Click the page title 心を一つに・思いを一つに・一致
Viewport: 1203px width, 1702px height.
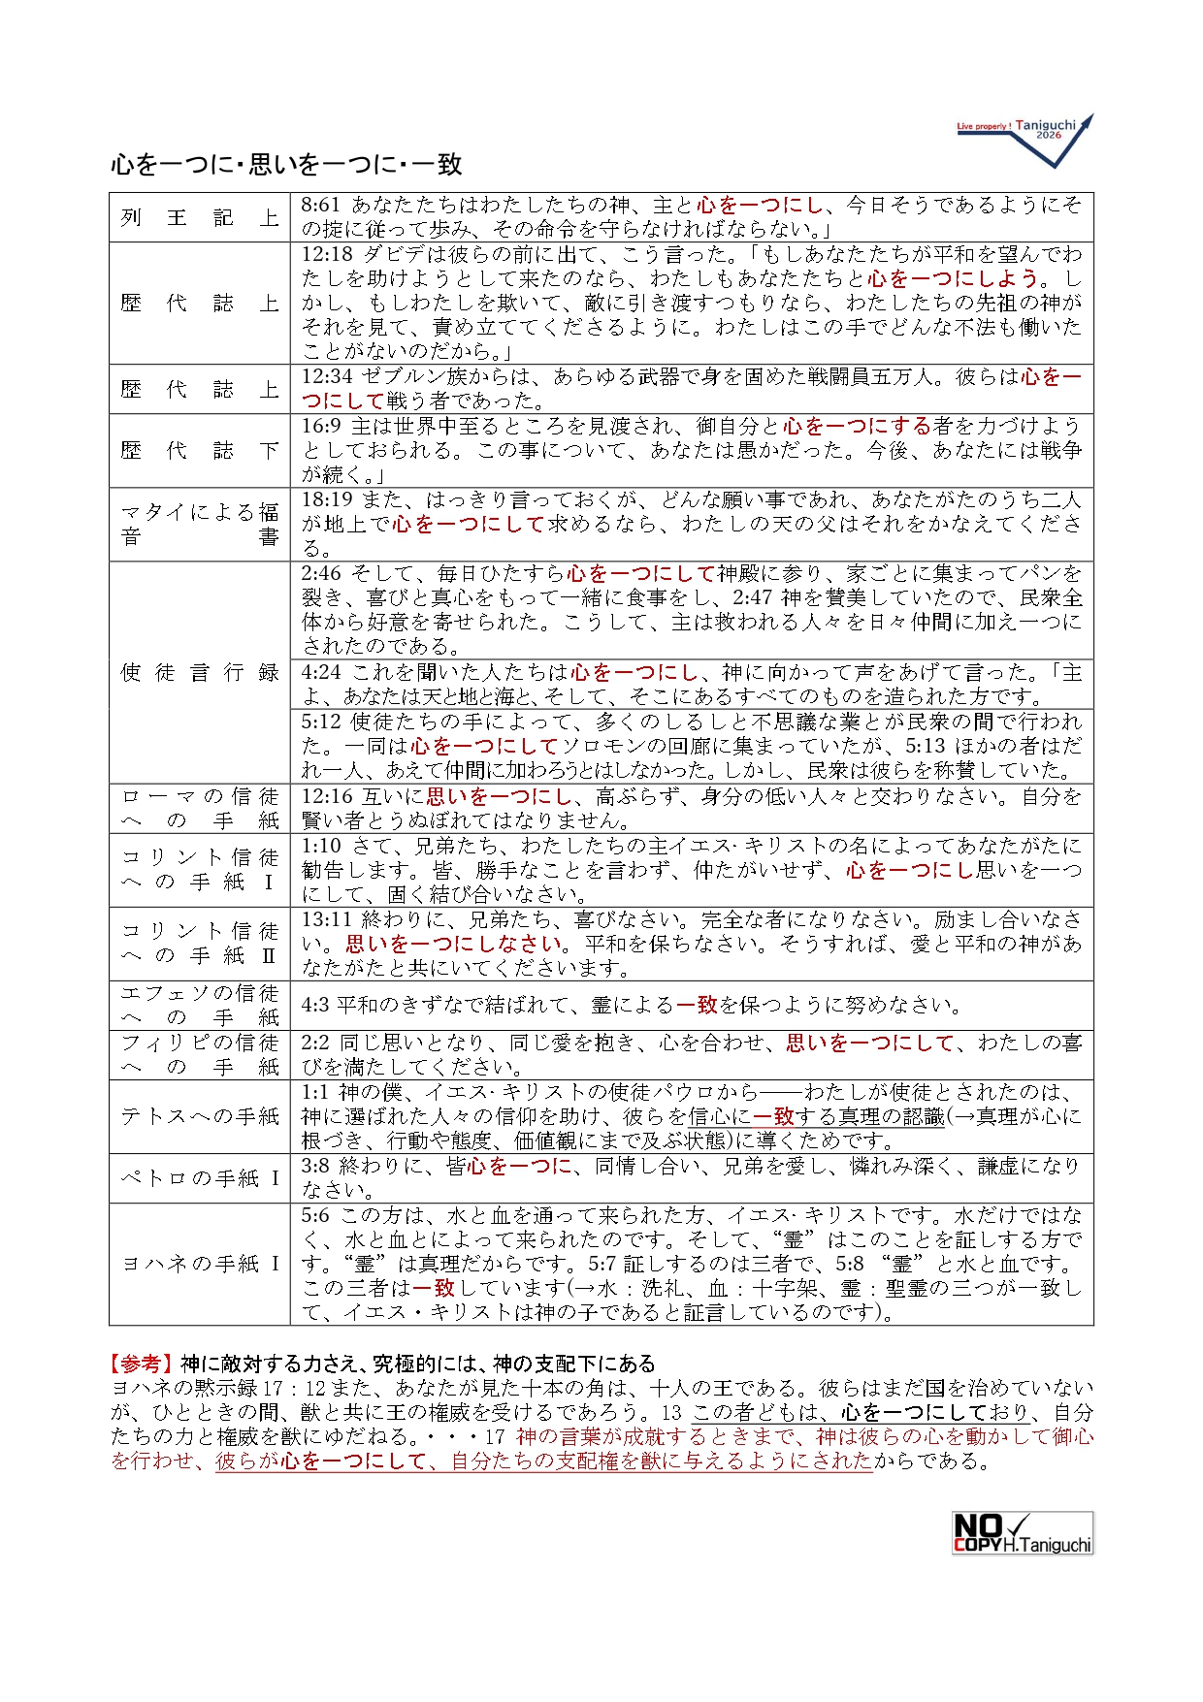[x=286, y=164]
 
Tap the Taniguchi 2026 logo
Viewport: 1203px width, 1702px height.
[x=1024, y=136]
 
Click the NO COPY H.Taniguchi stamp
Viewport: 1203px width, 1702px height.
[x=1023, y=1532]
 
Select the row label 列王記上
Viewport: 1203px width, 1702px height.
[x=200, y=217]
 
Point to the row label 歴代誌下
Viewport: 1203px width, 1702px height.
[x=200, y=450]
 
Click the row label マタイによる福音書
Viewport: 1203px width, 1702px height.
[x=200, y=524]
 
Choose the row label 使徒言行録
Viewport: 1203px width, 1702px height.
[x=200, y=672]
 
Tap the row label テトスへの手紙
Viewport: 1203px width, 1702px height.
[x=200, y=1116]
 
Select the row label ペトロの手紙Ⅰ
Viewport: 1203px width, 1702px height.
[x=200, y=1177]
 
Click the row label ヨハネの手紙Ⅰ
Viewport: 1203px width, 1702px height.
[x=200, y=1263]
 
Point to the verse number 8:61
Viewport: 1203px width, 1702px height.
[x=321, y=205]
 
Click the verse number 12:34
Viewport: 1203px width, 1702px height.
[x=327, y=376]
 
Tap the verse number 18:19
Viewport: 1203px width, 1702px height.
[x=327, y=499]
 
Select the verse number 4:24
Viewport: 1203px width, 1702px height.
[x=321, y=672]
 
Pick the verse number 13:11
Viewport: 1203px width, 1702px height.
[x=327, y=918]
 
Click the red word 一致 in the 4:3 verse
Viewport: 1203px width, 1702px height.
[x=696, y=1005]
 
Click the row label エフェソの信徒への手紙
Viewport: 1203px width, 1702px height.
[x=200, y=1005]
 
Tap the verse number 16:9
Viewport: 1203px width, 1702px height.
[x=321, y=426]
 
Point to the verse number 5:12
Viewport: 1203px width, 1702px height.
[x=321, y=722]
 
